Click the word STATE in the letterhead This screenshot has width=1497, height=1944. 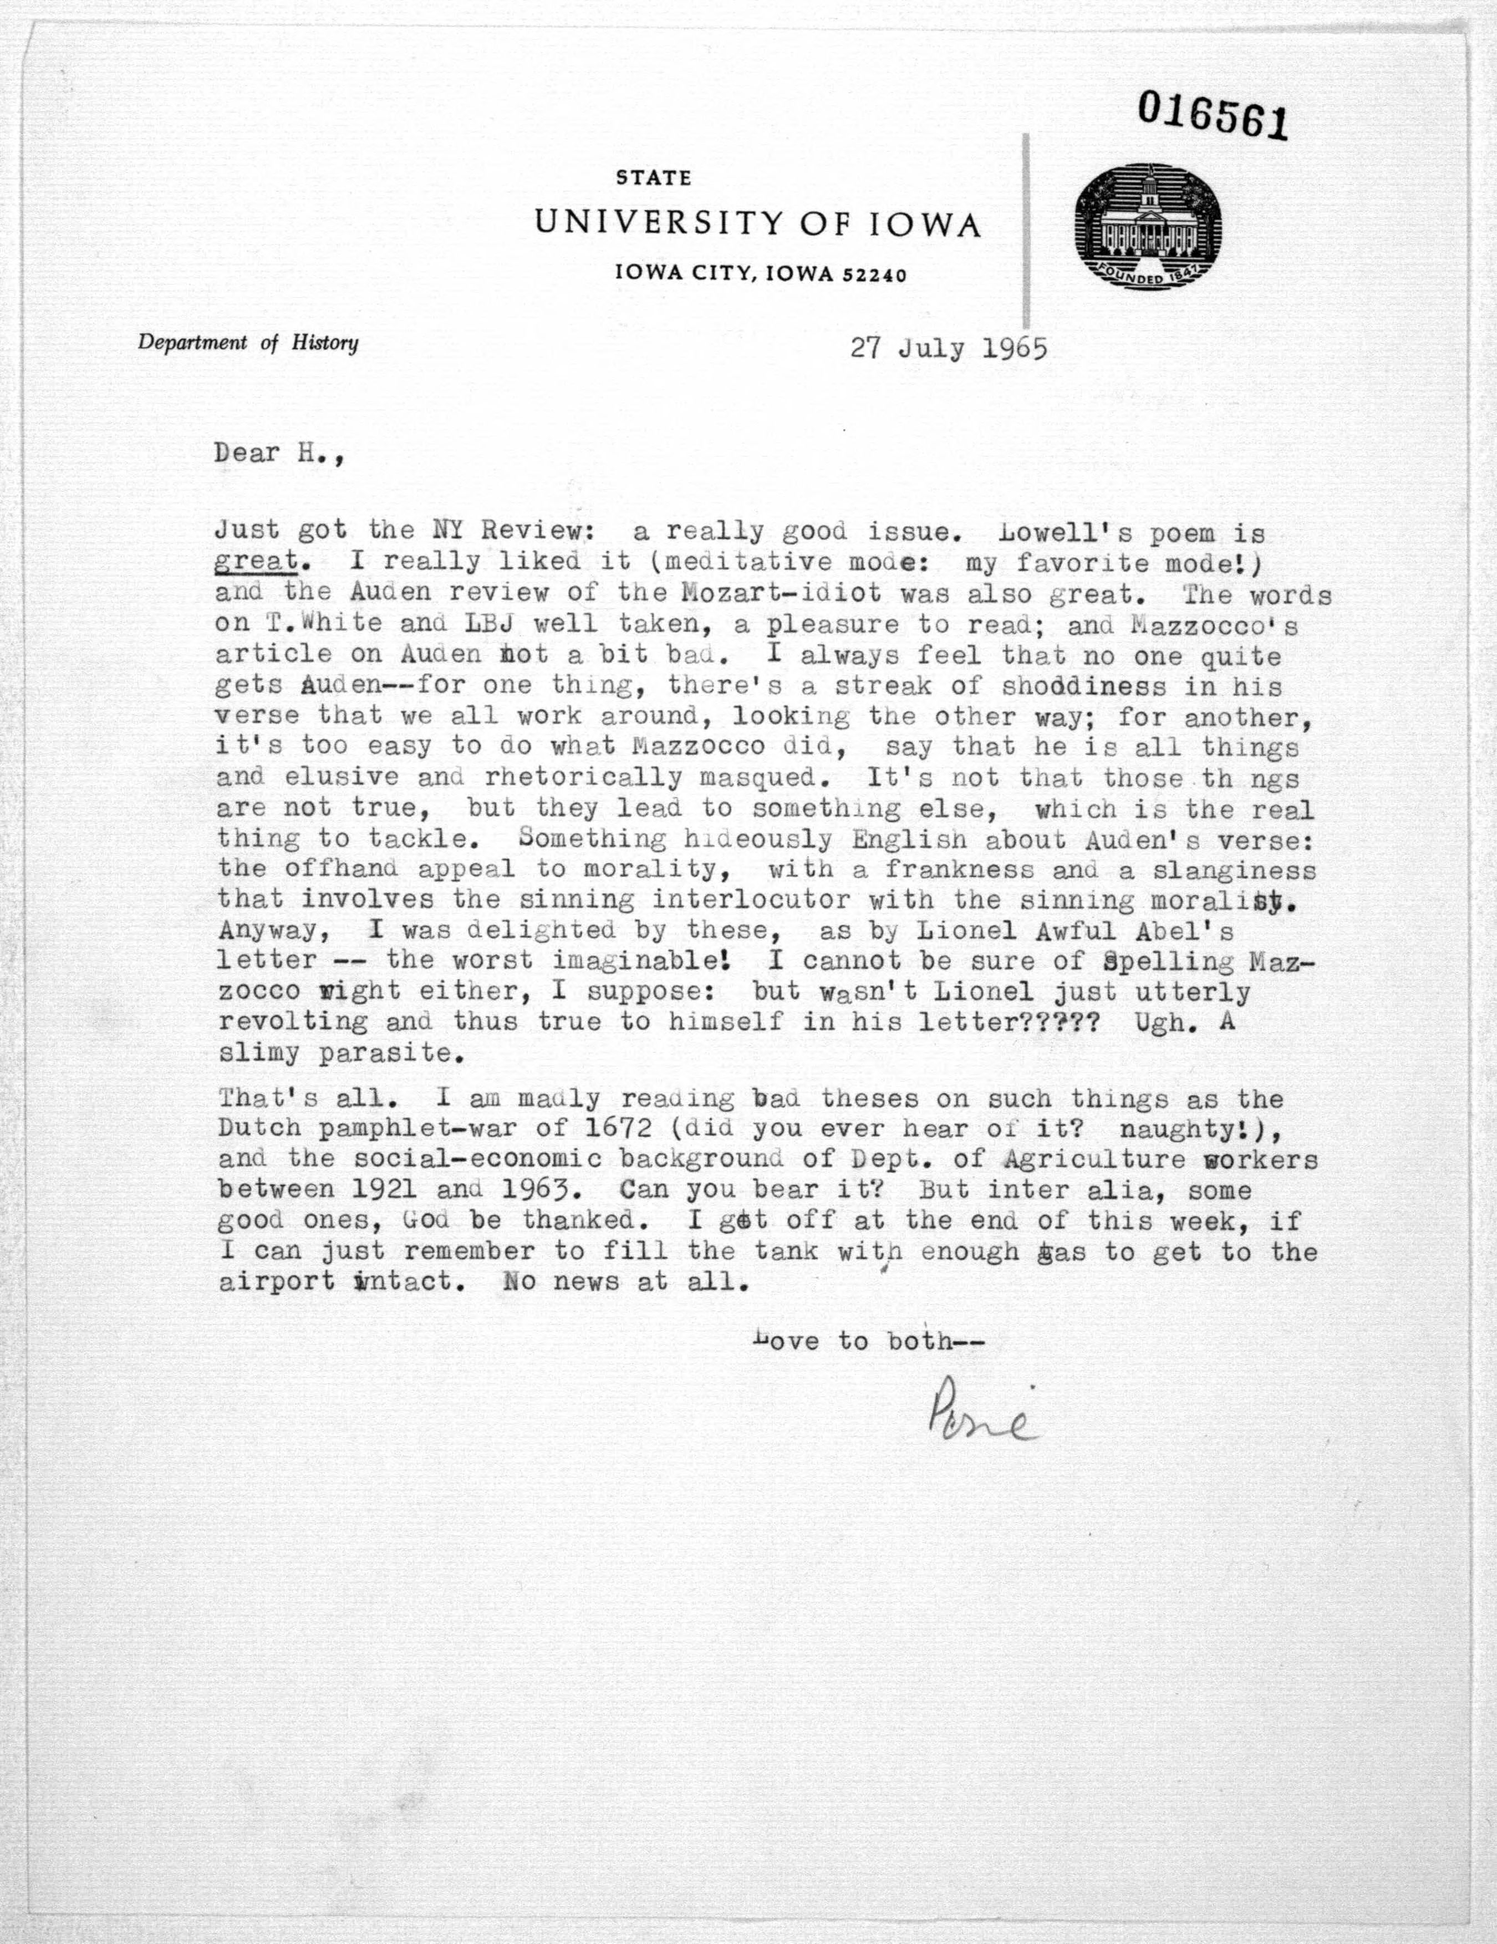[654, 178]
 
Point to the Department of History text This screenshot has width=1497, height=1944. [248, 343]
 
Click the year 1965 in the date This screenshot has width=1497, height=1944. [1014, 348]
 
